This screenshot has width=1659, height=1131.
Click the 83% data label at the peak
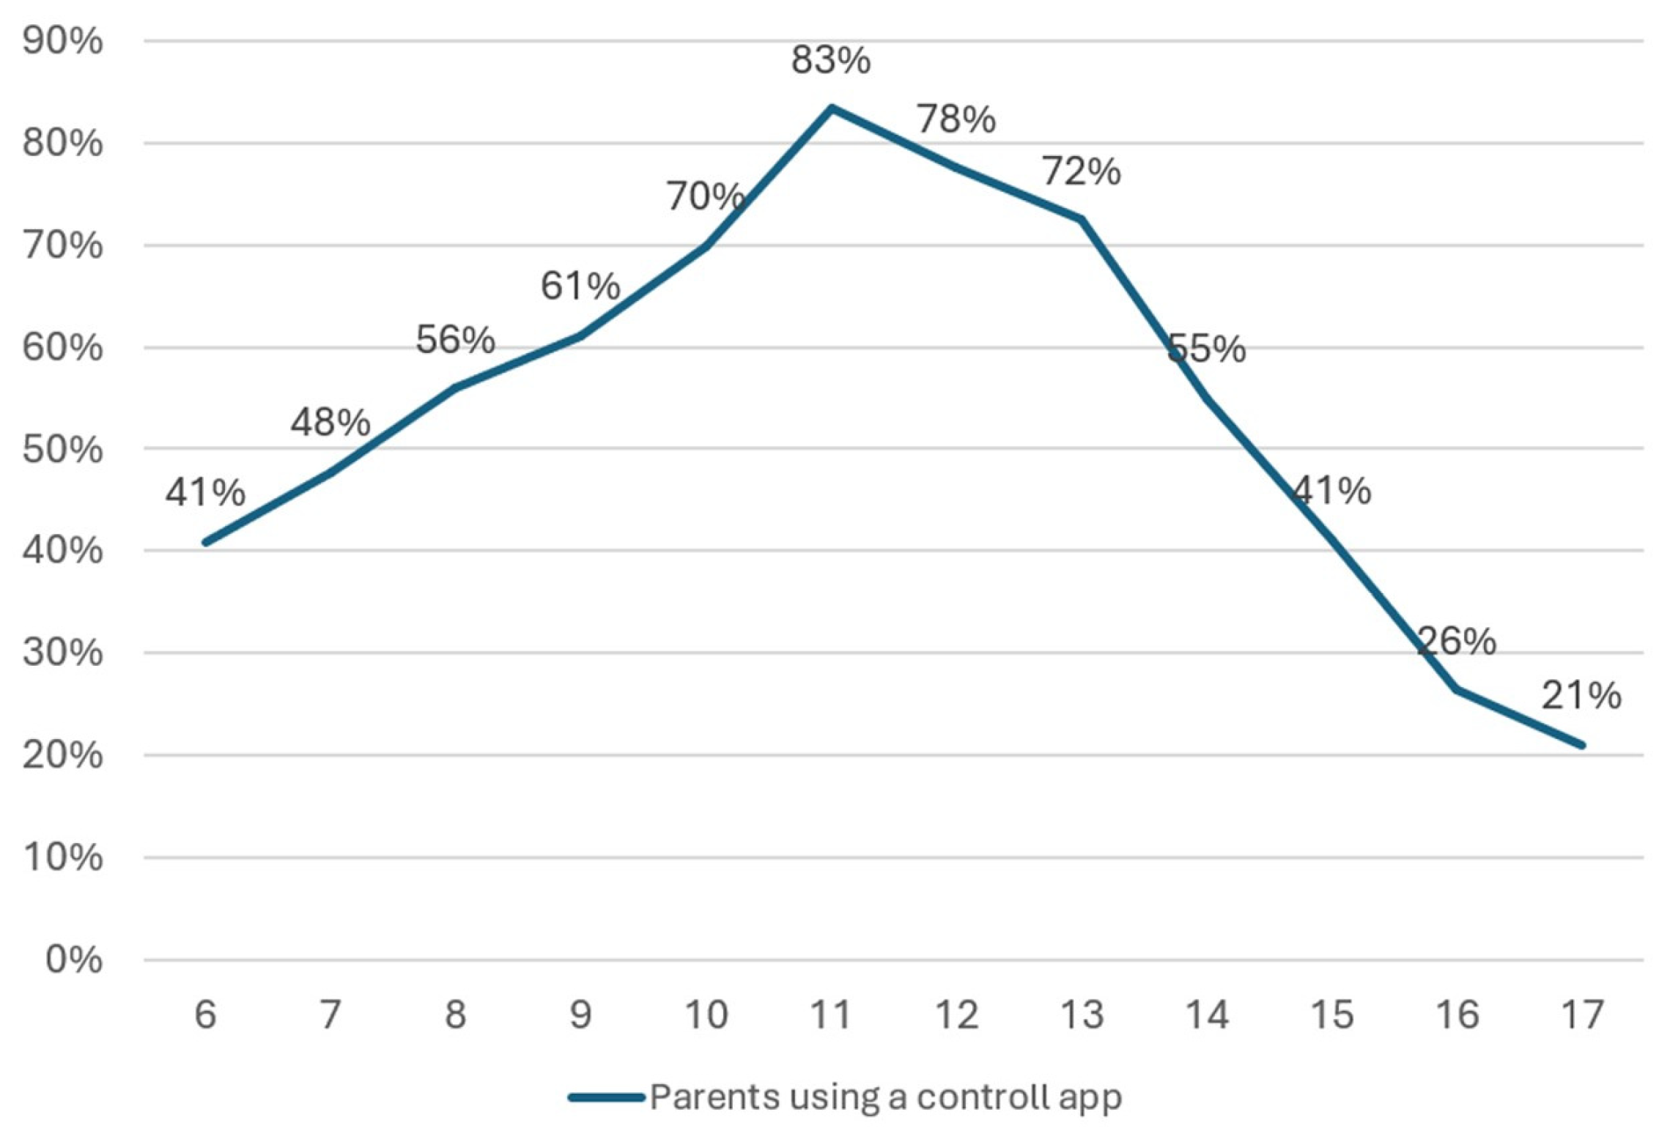tap(830, 60)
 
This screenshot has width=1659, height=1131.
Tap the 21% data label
tap(1581, 695)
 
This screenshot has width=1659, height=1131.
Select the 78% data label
tap(956, 119)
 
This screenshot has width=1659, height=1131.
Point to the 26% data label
tap(1456, 642)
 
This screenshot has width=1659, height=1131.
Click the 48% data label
tap(330, 422)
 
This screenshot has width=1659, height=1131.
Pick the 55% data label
tap(1206, 349)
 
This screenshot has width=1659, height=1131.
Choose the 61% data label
tap(580, 286)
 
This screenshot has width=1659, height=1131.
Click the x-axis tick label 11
tap(830, 1015)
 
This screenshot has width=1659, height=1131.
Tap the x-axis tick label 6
tap(205, 1015)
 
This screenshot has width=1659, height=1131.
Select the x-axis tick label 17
tap(1582, 1015)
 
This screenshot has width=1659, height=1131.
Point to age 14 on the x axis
tap(1207, 1015)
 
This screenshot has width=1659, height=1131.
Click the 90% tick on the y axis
tap(62, 41)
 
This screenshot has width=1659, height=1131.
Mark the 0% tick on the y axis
tap(73, 960)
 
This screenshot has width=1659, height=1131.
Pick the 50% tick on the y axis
tap(62, 449)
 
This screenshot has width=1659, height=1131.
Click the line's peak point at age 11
tap(831, 108)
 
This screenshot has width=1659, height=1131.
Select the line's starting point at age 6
tap(205, 543)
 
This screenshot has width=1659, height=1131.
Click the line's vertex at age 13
tap(1082, 219)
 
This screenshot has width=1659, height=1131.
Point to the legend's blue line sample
tap(606, 1097)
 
